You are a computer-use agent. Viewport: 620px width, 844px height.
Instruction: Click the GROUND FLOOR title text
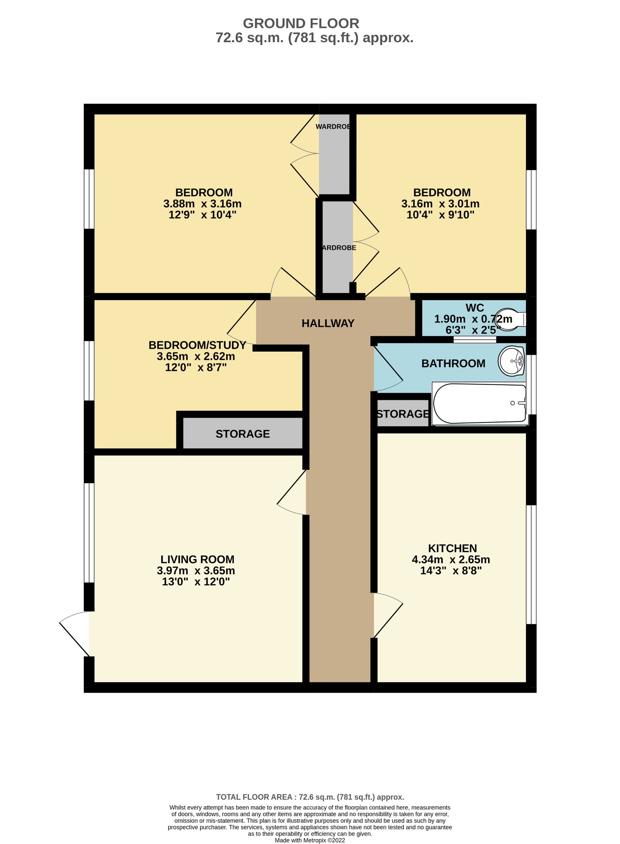[x=301, y=23]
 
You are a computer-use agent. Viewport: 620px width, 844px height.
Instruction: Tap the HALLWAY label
[x=328, y=323]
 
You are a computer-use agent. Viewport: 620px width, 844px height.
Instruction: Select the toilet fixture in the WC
[x=511, y=320]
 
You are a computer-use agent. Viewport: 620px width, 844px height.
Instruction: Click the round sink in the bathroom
[x=512, y=361]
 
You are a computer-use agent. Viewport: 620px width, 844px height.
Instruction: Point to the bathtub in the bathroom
[x=480, y=404]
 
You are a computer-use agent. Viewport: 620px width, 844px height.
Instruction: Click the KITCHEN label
[x=452, y=548]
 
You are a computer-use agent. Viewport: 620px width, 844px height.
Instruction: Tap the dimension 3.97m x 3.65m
[x=196, y=570]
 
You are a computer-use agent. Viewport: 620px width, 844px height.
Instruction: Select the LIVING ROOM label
[x=198, y=559]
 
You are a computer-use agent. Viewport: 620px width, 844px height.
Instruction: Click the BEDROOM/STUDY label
[x=198, y=345]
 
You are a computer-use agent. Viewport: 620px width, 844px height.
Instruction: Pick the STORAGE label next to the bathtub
[x=403, y=414]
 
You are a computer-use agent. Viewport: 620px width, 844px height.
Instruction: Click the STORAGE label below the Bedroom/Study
[x=242, y=434]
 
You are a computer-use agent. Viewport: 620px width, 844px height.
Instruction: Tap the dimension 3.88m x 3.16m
[x=202, y=204]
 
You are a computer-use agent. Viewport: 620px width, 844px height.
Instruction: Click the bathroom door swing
[x=388, y=370]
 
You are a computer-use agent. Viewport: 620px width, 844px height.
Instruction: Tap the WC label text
[x=474, y=307]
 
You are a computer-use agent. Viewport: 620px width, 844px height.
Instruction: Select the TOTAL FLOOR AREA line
[x=310, y=797]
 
